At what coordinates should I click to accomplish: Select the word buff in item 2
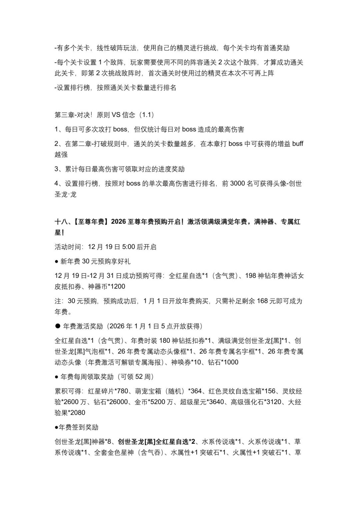pyautogui.click(x=298, y=144)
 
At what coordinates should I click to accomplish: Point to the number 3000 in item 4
pyautogui.click(x=238, y=184)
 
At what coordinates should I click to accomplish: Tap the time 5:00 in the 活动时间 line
pyautogui.click(x=129, y=247)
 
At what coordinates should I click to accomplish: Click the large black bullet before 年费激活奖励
pyautogui.click(x=58, y=326)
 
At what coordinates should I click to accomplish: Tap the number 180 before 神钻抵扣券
pyautogui.click(x=165, y=341)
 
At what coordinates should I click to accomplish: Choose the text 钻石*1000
pyautogui.click(x=223, y=362)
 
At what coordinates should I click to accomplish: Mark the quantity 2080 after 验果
pyautogui.click(x=78, y=413)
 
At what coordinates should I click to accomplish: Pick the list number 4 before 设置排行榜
pyautogui.click(x=57, y=184)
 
